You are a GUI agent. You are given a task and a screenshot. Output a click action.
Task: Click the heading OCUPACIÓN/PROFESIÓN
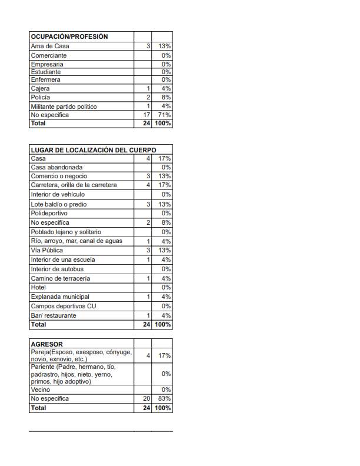coord(69,36)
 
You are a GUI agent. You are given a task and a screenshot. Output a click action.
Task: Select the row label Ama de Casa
coord(50,46)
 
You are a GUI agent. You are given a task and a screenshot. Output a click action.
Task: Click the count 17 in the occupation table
coord(146,115)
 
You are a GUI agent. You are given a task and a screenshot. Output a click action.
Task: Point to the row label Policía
coord(41,97)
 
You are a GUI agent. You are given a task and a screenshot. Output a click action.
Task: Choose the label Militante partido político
coord(64,106)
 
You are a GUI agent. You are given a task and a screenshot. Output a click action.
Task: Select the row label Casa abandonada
coord(57,167)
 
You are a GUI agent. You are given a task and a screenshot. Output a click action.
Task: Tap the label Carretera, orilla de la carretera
coord(74,185)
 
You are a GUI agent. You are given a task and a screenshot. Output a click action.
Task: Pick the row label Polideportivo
coord(49,213)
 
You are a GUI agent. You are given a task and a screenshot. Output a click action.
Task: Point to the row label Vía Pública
coord(46,250)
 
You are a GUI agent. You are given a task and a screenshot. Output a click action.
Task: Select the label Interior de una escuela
coord(63,259)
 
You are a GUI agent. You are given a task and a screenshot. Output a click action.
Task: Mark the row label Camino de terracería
coord(61,278)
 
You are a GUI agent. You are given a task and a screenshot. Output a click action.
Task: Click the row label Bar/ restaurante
coord(54,315)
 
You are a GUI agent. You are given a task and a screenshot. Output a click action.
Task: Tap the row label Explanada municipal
coord(60,297)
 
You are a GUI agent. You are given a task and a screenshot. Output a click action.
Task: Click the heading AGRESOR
coord(46,344)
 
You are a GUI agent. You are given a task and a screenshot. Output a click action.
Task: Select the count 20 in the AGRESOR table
coord(146,398)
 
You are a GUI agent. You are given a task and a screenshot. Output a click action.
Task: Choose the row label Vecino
coord(41,390)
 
